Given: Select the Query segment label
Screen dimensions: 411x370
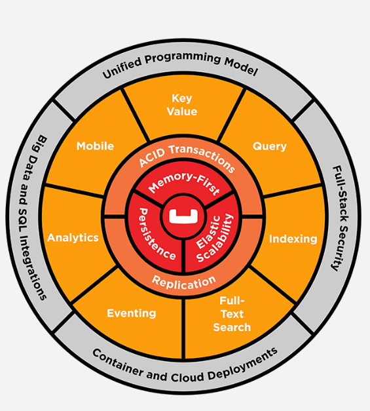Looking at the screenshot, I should click(x=270, y=146).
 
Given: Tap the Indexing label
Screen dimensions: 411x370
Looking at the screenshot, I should click(x=292, y=239).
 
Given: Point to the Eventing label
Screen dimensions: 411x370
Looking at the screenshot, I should click(x=132, y=313).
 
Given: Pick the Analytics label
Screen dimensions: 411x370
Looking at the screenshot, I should click(x=73, y=237).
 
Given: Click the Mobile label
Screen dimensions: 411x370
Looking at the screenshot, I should click(x=95, y=146).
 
